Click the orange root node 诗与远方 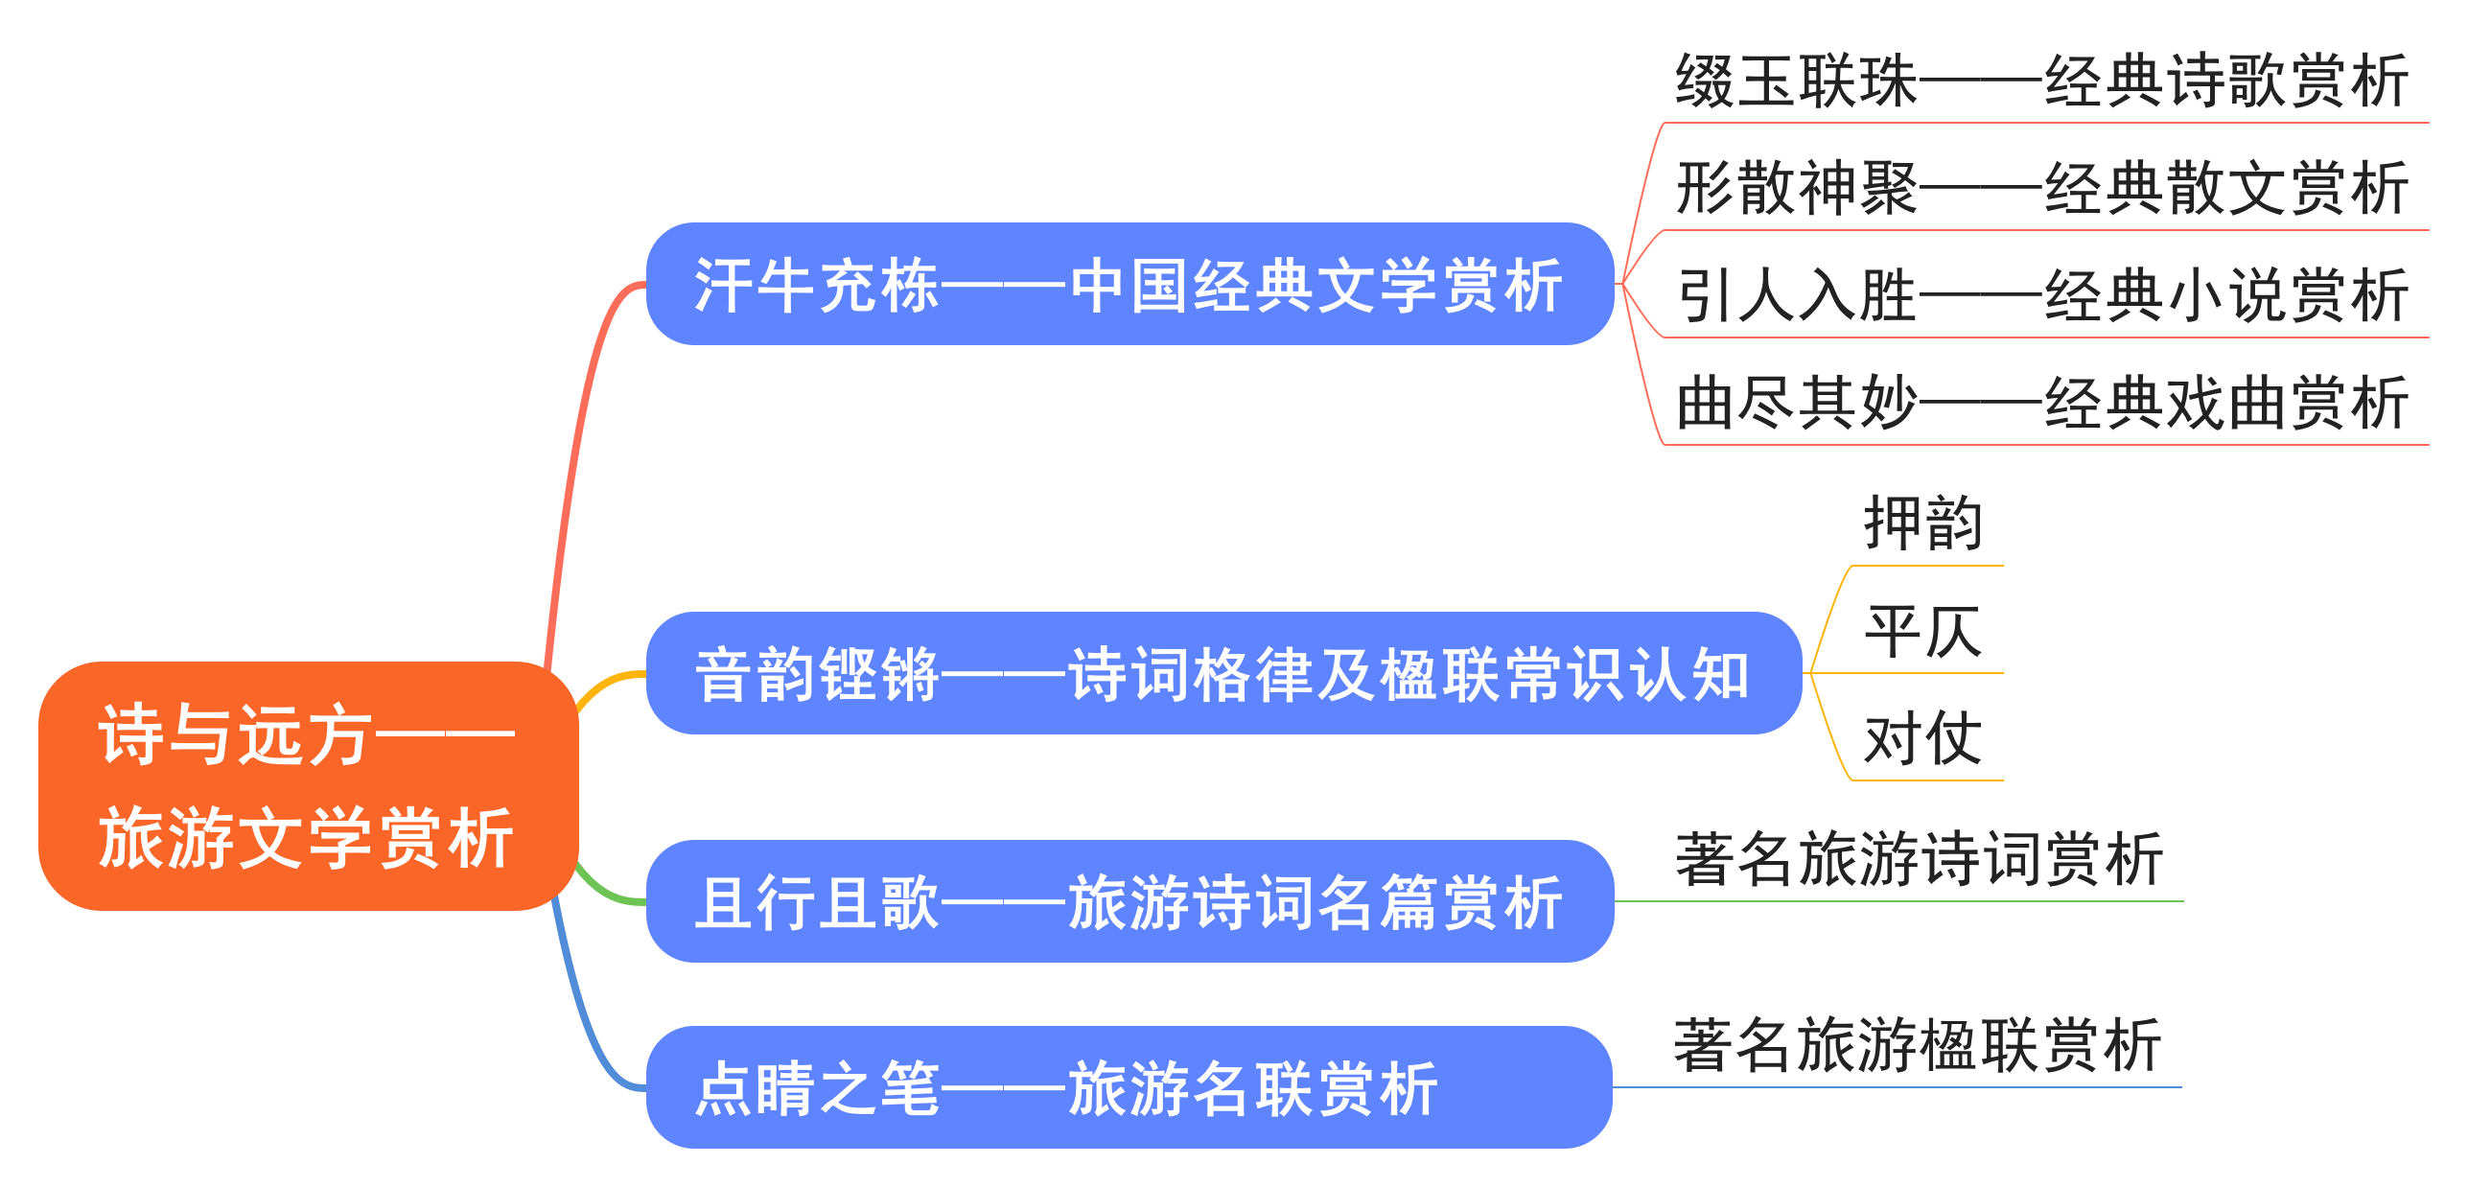click(x=307, y=784)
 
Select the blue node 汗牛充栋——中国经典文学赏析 click(x=1129, y=285)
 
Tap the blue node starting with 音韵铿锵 click(x=1222, y=673)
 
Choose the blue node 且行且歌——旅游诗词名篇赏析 click(x=1129, y=901)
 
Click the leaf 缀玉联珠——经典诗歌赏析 click(x=2042, y=81)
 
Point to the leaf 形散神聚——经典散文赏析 click(x=2042, y=189)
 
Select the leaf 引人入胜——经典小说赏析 click(x=2042, y=296)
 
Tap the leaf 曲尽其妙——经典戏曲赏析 click(x=2042, y=404)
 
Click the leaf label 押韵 click(x=1923, y=524)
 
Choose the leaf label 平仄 click(x=1923, y=633)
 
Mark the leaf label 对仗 click(x=1923, y=739)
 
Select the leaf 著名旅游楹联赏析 click(x=1918, y=1045)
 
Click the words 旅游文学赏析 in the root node click(x=307, y=838)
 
